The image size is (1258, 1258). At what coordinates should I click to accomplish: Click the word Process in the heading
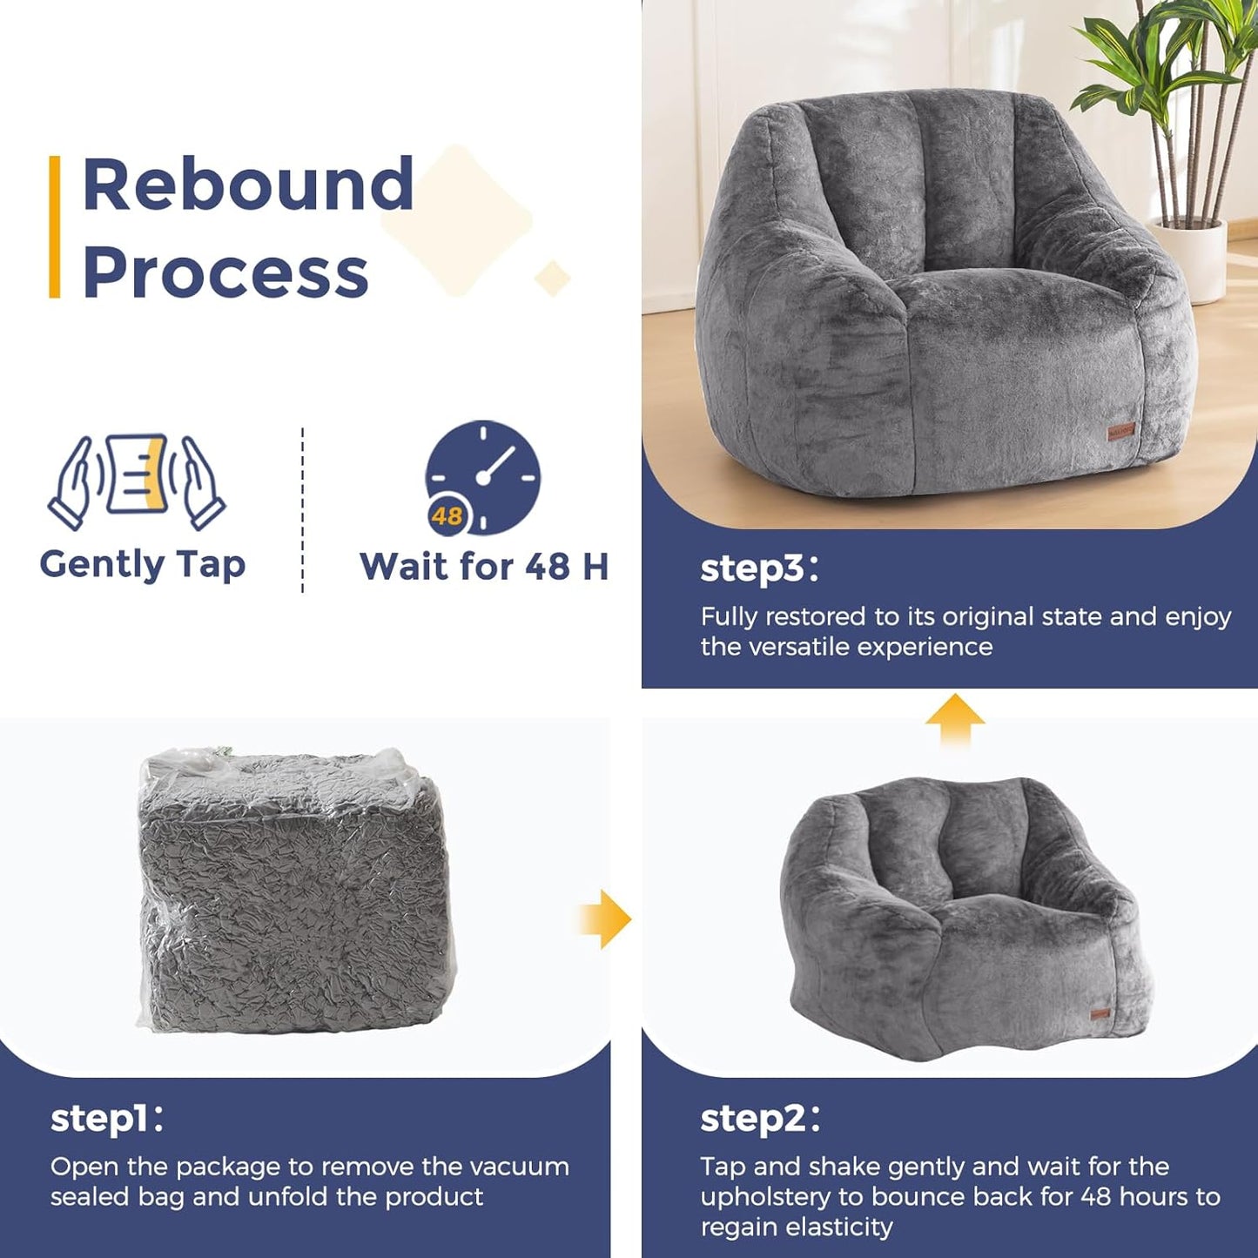tap(225, 272)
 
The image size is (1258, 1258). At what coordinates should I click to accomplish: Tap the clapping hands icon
tap(137, 481)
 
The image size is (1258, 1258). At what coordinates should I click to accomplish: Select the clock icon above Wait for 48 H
tap(484, 476)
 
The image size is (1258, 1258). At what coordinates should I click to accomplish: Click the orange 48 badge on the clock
tap(447, 515)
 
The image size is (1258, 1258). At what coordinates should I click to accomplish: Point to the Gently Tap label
tap(143, 564)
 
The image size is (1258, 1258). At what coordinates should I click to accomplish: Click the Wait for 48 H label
tap(484, 567)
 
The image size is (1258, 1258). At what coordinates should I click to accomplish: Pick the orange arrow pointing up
tap(955, 719)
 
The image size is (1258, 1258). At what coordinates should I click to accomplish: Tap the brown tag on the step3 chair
tap(1120, 431)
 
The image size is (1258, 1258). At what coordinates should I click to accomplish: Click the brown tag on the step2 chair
tap(1100, 1012)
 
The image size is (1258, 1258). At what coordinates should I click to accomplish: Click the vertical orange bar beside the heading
tap(55, 227)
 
